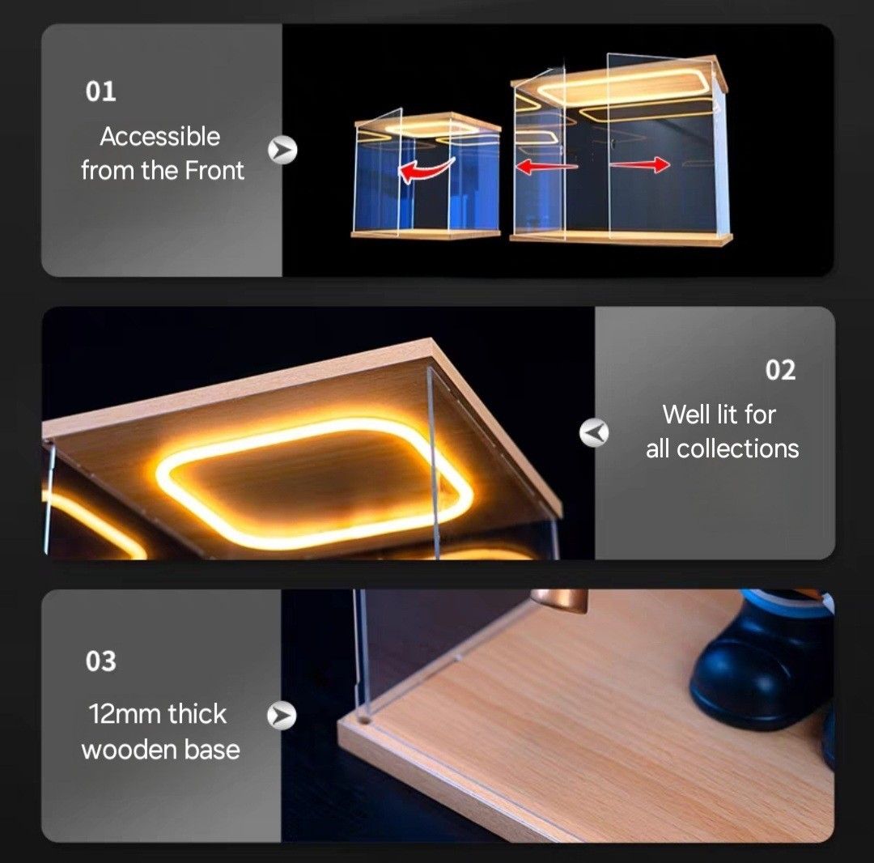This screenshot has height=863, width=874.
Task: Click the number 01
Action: pyautogui.click(x=101, y=91)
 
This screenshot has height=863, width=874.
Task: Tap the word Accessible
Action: pyautogui.click(x=159, y=137)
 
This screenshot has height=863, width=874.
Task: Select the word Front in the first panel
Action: pyautogui.click(x=214, y=171)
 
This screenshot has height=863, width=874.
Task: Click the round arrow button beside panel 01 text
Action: pyautogui.click(x=283, y=150)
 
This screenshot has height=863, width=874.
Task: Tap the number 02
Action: pyautogui.click(x=780, y=370)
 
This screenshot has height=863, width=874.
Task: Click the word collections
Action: pyautogui.click(x=738, y=449)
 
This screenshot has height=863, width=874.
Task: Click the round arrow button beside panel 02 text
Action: pyautogui.click(x=594, y=434)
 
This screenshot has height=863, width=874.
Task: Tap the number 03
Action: pyautogui.click(x=101, y=661)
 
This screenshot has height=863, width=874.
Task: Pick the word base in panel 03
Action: pyautogui.click(x=213, y=750)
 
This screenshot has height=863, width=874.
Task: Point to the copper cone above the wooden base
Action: pyautogui.click(x=558, y=599)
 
